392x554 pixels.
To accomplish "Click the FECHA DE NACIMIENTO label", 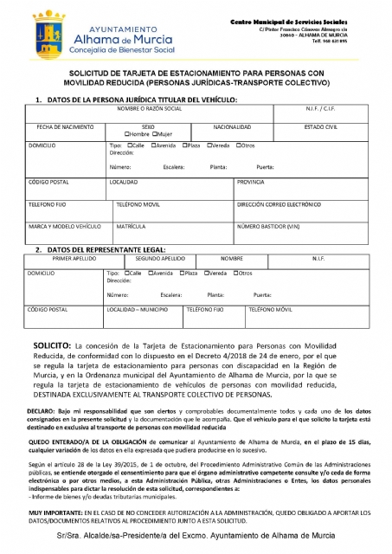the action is [x=60, y=126].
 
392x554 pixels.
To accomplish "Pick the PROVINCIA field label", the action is [x=251, y=182].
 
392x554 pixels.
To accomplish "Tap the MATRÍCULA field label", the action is [x=131, y=226].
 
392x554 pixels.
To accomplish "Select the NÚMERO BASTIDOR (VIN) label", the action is [x=268, y=226].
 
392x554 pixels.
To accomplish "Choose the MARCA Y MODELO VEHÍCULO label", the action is [x=60, y=226].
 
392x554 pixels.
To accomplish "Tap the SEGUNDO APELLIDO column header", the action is [x=160, y=258].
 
